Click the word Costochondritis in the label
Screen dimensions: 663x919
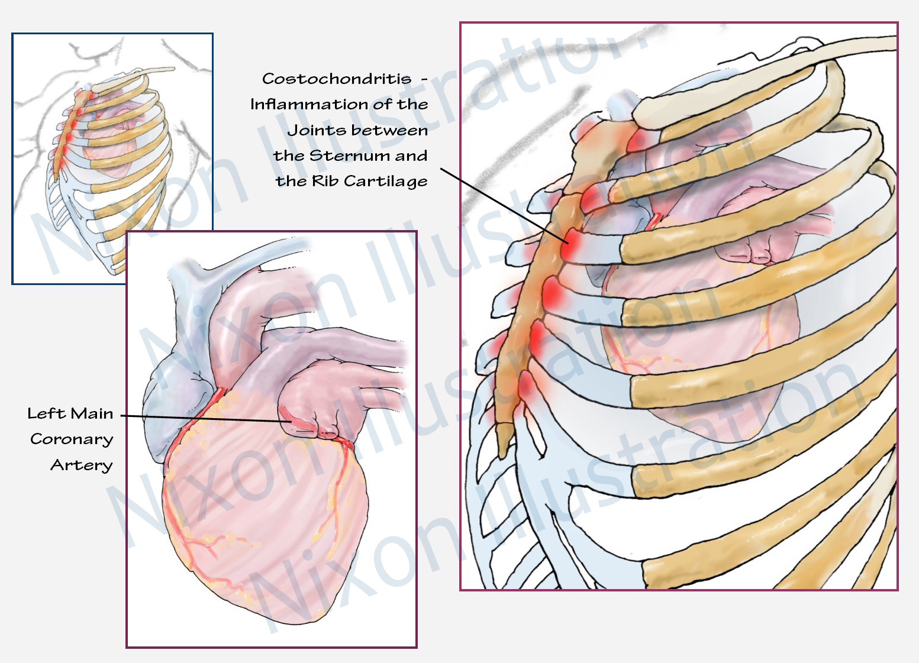point(336,79)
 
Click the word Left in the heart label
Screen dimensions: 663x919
point(46,413)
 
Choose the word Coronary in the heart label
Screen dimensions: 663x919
point(72,439)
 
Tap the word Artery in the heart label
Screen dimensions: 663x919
point(81,465)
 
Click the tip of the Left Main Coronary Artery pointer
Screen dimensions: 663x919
point(290,422)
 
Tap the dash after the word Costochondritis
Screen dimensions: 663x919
point(424,79)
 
